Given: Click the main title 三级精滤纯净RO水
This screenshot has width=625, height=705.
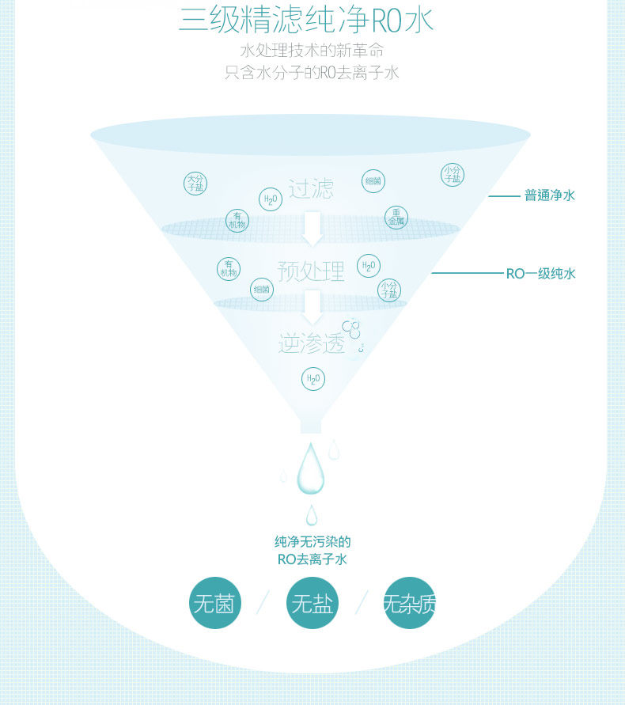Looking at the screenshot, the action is tap(306, 19).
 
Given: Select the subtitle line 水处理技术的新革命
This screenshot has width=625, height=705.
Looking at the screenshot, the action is tap(312, 51).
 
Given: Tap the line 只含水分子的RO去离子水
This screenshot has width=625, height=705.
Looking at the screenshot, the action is tap(312, 74).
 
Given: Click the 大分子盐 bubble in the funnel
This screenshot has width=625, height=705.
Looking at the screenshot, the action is tap(195, 184).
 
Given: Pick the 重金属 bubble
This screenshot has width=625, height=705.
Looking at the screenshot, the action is tap(396, 217).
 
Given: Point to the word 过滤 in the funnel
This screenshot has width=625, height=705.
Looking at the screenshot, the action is tap(311, 189).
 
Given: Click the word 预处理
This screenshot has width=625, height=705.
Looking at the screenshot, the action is tap(311, 271).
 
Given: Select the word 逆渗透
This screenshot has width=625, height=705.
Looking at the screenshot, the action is tap(311, 343).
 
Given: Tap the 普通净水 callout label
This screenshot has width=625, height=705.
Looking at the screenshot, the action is tap(549, 195).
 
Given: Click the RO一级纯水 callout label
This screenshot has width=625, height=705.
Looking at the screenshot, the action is tap(541, 274).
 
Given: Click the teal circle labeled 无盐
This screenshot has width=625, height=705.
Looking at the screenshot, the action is tap(312, 605).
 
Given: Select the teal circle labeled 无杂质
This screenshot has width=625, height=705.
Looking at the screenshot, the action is tap(409, 605).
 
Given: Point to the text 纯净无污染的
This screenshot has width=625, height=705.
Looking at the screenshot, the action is tap(312, 542).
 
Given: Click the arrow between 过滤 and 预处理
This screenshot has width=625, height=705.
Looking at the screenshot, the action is tap(312, 228).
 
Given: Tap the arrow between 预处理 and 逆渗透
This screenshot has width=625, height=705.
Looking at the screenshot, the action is tap(312, 307).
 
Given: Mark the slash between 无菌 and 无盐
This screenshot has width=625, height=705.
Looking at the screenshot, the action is tap(263, 602).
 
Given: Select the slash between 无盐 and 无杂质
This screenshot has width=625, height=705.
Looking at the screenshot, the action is tap(362, 602).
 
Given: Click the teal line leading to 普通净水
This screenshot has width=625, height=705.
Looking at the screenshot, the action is tap(503, 195).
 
